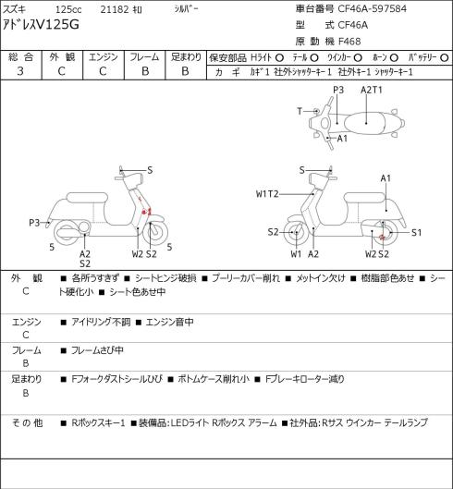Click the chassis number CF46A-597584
373,8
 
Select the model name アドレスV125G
41,24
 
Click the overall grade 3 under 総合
20,71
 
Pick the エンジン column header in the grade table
104,57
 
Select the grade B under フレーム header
145,71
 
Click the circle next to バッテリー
445,58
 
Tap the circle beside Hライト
279,58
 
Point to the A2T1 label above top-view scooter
372,91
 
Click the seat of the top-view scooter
365,123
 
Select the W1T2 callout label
267,194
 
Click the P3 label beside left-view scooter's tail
34,223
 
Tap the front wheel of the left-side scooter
155,233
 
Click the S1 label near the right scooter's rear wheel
416,233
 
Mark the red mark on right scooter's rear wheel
383,238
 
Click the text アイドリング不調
101,322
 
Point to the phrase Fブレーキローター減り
304,379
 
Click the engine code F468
349,42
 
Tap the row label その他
27,422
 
